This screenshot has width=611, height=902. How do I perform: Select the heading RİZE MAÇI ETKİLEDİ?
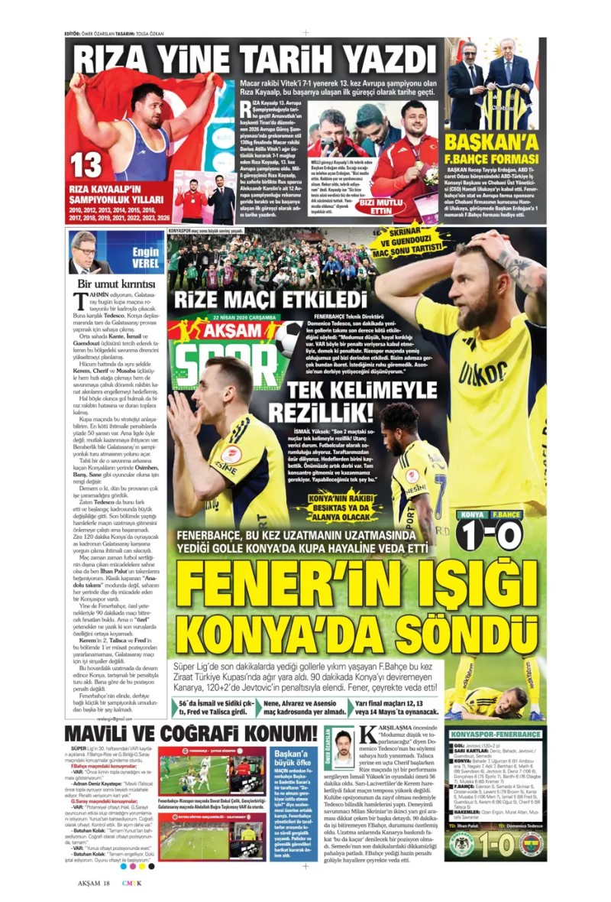pos(271,298)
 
